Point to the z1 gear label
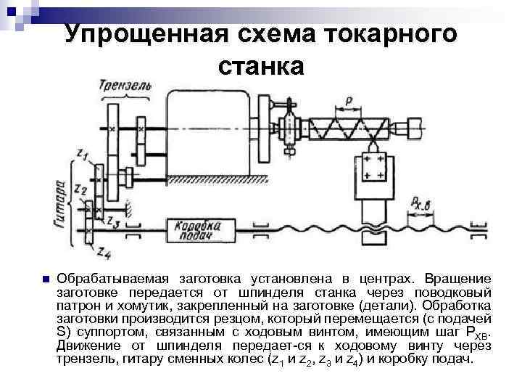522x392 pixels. point(82,155)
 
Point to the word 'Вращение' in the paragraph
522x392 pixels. point(458,279)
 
